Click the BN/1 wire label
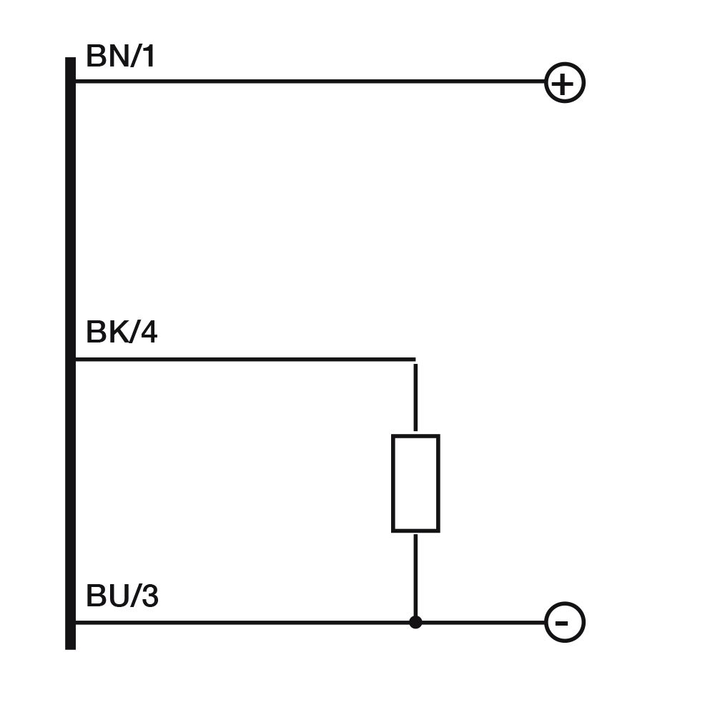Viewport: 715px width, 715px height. coord(121,56)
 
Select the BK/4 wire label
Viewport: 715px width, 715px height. coord(122,332)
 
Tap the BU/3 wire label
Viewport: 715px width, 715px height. coord(122,596)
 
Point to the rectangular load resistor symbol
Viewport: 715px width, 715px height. coord(393,483)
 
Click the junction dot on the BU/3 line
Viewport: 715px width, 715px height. coord(415,622)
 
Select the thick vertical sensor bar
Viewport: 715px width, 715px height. coord(70,353)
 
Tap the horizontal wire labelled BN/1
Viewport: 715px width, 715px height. coord(310,82)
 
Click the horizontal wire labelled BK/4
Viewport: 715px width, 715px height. coord(245,360)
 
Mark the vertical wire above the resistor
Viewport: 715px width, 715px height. coord(415,397)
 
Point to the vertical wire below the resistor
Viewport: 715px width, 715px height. coord(415,575)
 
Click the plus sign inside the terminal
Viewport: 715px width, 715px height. coord(562,84)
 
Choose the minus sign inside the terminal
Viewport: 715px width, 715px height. coord(561,623)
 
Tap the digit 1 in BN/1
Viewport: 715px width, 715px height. coord(149,56)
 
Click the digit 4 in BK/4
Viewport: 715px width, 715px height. coord(149,332)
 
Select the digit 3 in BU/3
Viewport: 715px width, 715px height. coord(150,596)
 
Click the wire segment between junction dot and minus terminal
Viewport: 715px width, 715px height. coord(483,622)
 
